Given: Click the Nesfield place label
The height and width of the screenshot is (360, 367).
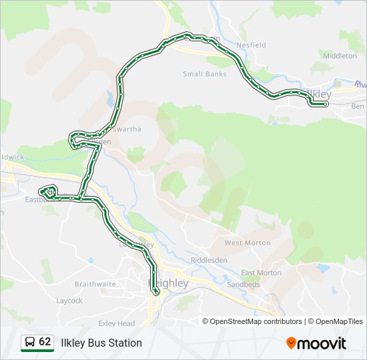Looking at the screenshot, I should [x=251, y=45].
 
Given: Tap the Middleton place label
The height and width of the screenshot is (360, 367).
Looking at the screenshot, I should [x=340, y=56].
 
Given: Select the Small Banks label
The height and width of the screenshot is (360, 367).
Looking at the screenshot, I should [x=205, y=74].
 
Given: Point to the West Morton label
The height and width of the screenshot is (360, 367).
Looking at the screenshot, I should [x=248, y=243].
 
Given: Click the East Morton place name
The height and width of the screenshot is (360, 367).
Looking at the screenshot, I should [x=261, y=273].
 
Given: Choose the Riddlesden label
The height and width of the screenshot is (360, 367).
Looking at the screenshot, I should [x=209, y=259].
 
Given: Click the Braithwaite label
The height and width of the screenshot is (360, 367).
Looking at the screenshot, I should [x=95, y=283].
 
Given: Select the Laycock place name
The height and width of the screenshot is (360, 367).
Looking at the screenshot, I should [x=69, y=301].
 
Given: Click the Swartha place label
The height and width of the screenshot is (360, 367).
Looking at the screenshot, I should [x=127, y=129].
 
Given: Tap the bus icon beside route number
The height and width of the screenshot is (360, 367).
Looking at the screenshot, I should [x=29, y=342].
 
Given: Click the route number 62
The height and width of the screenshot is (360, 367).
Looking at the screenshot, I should [x=45, y=342].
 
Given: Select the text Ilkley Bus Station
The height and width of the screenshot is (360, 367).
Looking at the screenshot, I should [x=101, y=343].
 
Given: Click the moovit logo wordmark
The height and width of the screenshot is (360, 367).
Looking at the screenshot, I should [x=322, y=343].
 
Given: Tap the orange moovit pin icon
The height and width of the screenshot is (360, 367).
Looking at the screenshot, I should [x=291, y=343].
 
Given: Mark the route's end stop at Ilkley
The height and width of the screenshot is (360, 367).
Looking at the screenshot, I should [x=325, y=104].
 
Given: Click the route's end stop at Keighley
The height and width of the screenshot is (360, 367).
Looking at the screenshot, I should [x=157, y=293].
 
